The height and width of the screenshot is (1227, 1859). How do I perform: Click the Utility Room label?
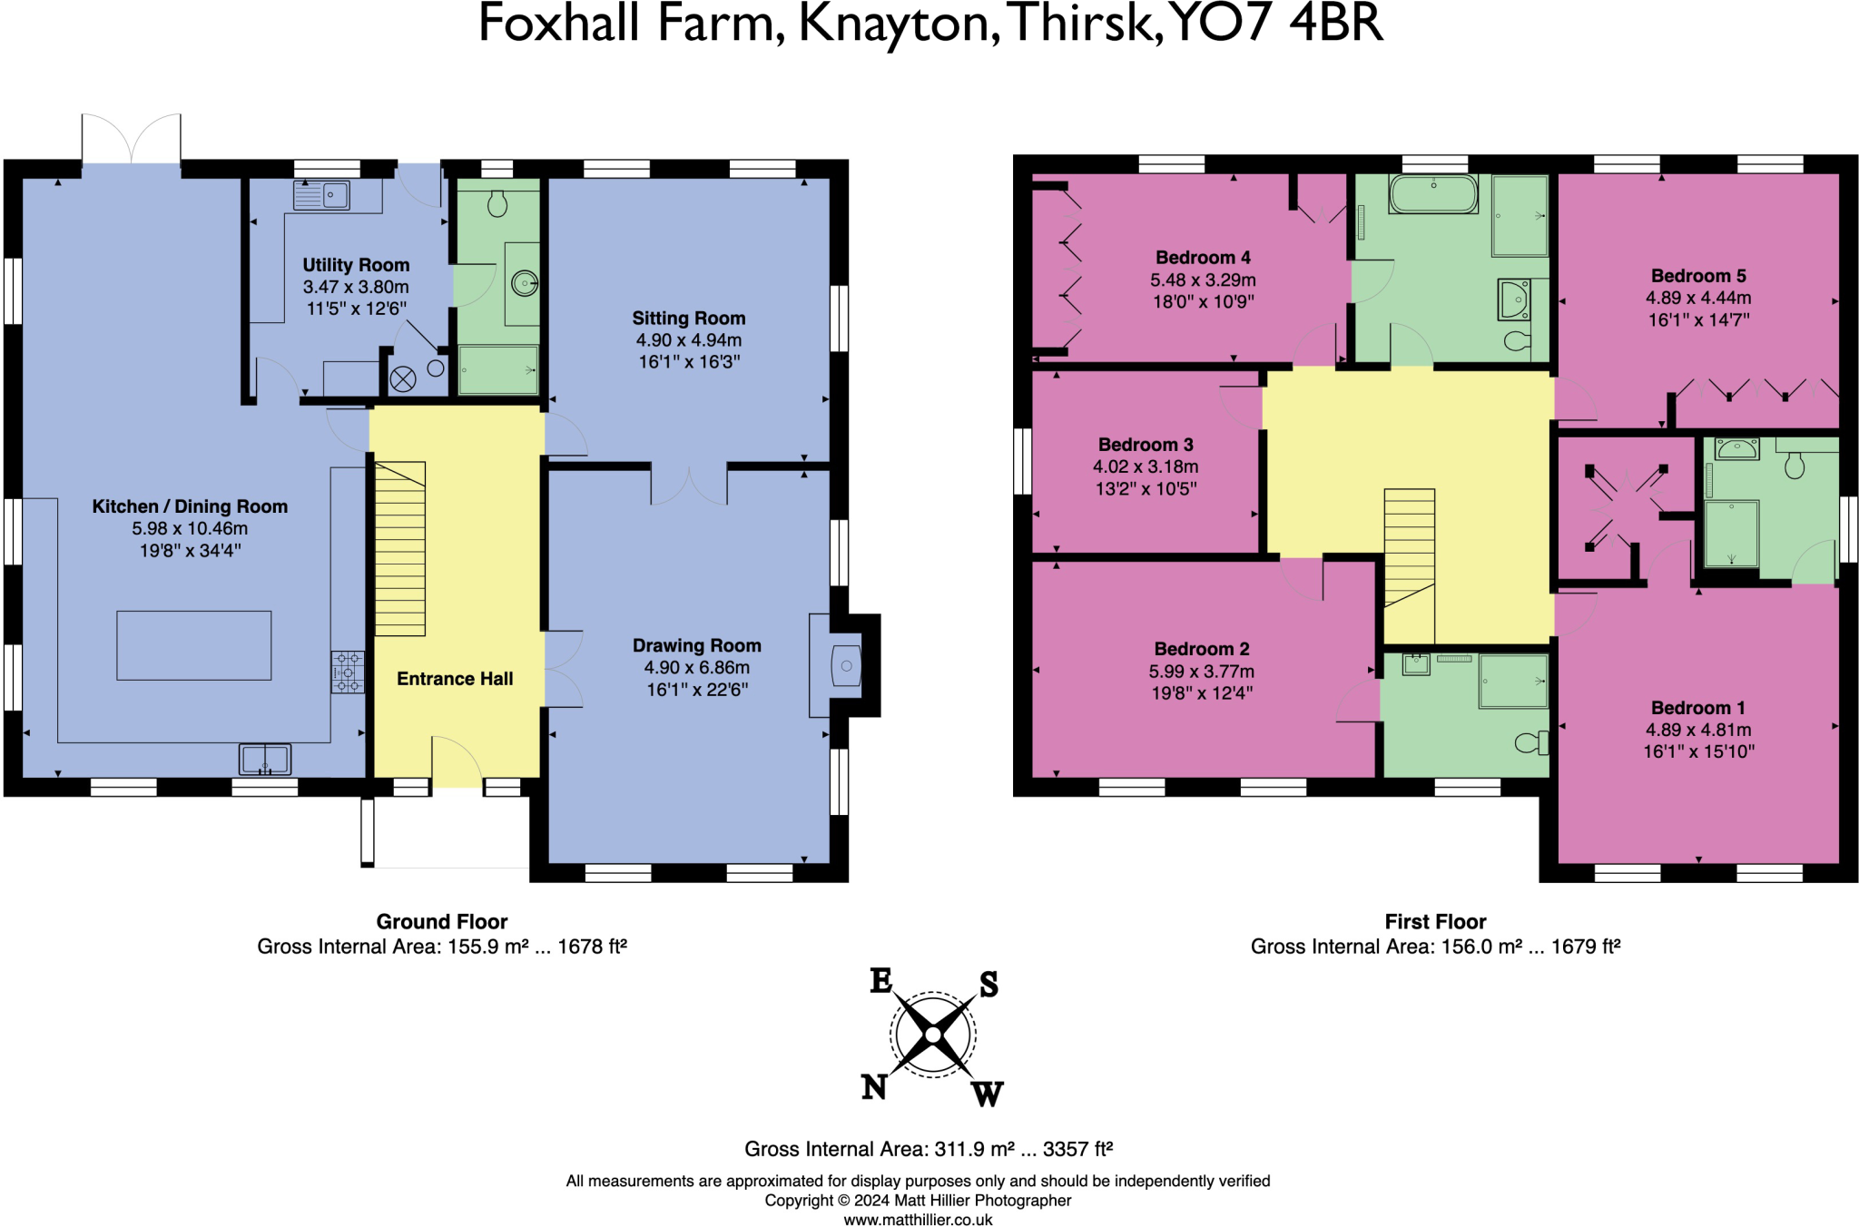pyautogui.click(x=356, y=265)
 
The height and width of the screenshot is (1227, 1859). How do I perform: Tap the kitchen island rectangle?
pyautogui.click(x=193, y=645)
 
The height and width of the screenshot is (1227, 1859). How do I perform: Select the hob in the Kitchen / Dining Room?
pyautogui.click(x=347, y=672)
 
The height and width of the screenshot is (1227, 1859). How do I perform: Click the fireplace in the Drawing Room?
pyautogui.click(x=845, y=666)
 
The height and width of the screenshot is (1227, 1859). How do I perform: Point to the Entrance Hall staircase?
pyautogui.click(x=400, y=548)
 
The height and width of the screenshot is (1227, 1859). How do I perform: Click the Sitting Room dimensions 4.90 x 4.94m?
pyautogui.click(x=689, y=340)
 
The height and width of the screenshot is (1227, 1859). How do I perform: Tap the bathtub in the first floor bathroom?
pyautogui.click(x=1433, y=194)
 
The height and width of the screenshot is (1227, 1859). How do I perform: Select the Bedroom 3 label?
pyautogui.click(x=1146, y=445)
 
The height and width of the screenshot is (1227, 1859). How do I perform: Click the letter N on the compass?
pyautogui.click(x=873, y=1086)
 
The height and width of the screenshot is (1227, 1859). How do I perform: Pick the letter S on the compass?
pyautogui.click(x=989, y=985)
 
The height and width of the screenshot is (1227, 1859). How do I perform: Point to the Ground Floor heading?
pyautogui.click(x=442, y=922)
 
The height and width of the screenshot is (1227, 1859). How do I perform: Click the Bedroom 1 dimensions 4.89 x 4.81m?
pyautogui.click(x=1698, y=730)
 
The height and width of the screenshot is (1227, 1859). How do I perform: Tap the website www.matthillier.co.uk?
pyautogui.click(x=918, y=1220)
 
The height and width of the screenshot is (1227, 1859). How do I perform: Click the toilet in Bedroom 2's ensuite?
pyautogui.click(x=1530, y=743)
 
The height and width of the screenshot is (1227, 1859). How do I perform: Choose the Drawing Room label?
pyautogui.click(x=696, y=645)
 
